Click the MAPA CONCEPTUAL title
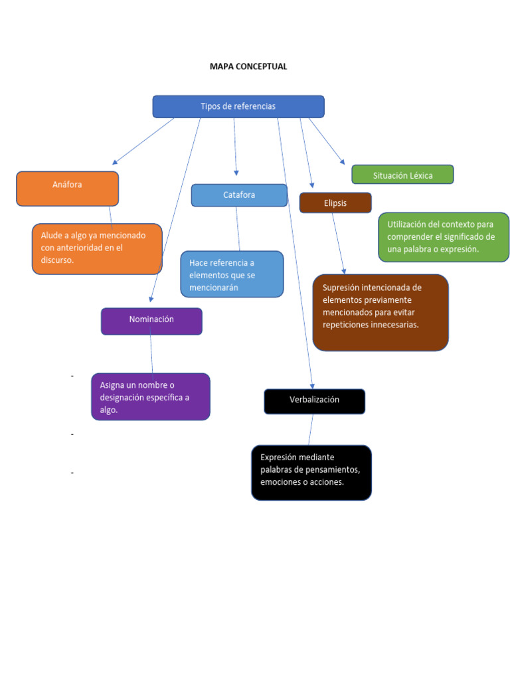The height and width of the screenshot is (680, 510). click(248, 66)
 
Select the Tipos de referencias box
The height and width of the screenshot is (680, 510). click(238, 106)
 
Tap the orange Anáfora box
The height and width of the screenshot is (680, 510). click(67, 188)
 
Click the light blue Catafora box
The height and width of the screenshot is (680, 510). click(239, 195)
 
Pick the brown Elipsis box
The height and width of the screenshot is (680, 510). click(335, 203)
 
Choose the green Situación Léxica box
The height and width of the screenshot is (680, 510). click(402, 175)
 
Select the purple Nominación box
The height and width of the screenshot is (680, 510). click(151, 320)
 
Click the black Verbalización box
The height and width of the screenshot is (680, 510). click(314, 400)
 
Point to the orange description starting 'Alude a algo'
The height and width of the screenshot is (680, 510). click(97, 248)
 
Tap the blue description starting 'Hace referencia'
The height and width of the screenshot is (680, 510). click(232, 274)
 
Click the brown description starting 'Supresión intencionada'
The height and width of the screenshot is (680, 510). click(380, 312)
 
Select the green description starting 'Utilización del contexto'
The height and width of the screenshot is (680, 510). click(443, 237)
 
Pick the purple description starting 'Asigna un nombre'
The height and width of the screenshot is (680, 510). click(150, 396)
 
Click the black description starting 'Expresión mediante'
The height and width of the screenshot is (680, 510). click(311, 471)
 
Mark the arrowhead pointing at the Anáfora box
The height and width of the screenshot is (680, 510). click(115, 162)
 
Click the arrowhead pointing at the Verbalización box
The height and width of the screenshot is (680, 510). click(312, 386)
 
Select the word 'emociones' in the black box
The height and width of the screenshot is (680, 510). click(280, 482)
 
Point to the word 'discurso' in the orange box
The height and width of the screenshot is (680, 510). click(56, 260)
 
